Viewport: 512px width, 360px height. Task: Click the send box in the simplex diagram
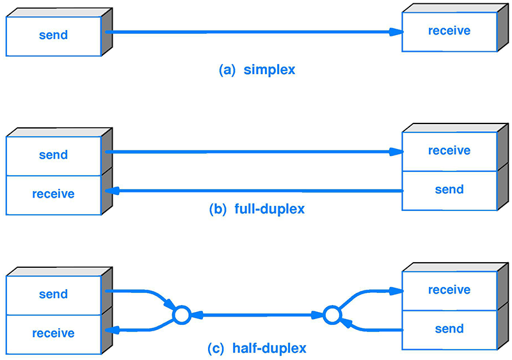click(54, 35)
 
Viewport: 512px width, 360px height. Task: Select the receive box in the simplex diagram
click(449, 31)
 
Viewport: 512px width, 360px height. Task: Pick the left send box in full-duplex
click(54, 155)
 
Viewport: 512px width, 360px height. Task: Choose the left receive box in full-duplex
click(54, 194)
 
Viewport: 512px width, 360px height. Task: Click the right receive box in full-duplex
click(449, 151)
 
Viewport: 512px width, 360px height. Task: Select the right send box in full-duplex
click(449, 190)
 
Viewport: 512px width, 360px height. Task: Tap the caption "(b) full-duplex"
click(257, 209)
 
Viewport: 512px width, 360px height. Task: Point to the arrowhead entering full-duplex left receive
click(110, 191)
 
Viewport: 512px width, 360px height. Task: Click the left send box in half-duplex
click(54, 294)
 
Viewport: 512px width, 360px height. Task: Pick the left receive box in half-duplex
click(54, 333)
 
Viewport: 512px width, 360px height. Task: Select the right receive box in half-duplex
click(449, 290)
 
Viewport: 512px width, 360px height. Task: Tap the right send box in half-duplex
click(449, 329)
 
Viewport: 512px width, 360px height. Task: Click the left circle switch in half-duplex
click(182, 315)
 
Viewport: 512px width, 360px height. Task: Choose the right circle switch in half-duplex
click(331, 315)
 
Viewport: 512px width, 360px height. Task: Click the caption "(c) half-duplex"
click(257, 348)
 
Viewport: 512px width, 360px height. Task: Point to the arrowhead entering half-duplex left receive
click(110, 330)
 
